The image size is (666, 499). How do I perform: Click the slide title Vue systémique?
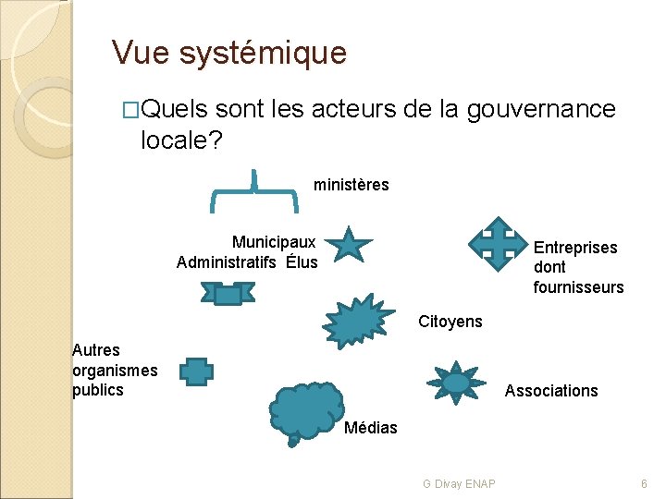(228, 53)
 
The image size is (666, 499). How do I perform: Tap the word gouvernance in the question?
(540, 109)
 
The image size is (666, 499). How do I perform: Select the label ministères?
(351, 185)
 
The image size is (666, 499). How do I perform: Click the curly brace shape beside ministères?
(254, 190)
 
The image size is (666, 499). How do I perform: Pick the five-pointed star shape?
(350, 245)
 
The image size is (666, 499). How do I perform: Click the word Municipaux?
(274, 242)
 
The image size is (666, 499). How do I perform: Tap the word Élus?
(302, 262)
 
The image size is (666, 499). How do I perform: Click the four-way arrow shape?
(498, 242)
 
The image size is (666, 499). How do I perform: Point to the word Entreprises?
(575, 248)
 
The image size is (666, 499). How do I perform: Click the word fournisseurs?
(578, 287)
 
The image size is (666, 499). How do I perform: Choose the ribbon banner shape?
(228, 294)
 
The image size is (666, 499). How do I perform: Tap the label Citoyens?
(450, 322)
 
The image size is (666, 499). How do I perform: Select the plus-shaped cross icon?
(196, 371)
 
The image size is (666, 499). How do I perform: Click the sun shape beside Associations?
(455, 383)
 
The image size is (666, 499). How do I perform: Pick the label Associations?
(551, 391)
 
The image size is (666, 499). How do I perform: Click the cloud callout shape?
(306, 411)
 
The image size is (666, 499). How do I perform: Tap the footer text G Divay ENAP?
(459, 484)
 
